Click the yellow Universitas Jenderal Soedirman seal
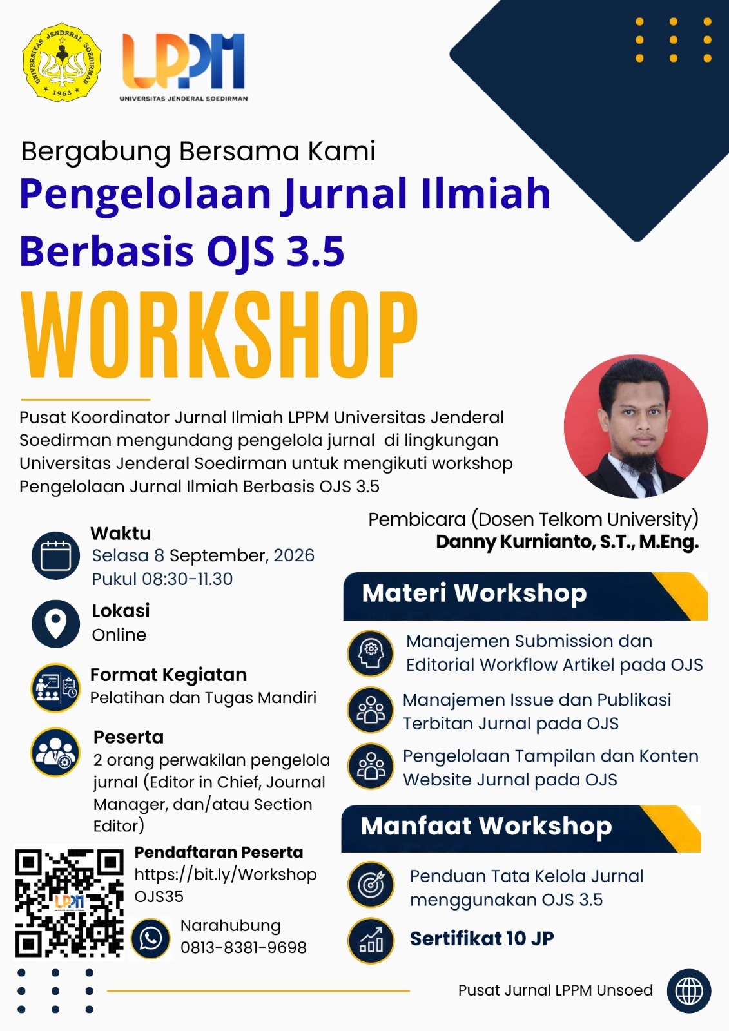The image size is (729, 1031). click(62, 62)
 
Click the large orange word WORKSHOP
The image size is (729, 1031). click(220, 334)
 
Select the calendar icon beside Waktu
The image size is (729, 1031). click(55, 555)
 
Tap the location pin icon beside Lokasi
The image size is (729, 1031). click(55, 623)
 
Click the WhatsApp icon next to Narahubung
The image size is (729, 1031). click(151, 938)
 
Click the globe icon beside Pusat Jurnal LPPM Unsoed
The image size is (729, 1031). click(688, 991)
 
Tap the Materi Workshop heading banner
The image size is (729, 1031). click(525, 596)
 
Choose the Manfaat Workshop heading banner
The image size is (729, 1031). click(521, 829)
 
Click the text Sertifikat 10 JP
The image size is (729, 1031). click(481, 938)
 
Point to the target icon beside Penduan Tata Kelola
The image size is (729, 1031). click(371, 884)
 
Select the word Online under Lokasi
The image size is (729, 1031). click(119, 635)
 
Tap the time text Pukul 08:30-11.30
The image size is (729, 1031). click(162, 579)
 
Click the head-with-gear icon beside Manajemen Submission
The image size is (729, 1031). click(371, 653)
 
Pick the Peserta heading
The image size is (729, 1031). click(128, 737)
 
